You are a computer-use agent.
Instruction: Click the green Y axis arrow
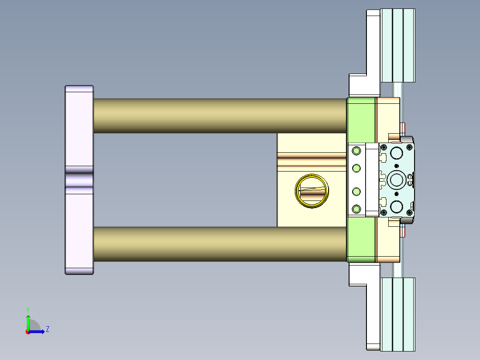(28, 322)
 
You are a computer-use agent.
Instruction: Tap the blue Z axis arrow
(38, 331)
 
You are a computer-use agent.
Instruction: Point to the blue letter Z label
(47, 329)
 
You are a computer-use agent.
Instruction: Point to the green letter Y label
(28, 309)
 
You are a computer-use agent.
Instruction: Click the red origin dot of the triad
(28, 332)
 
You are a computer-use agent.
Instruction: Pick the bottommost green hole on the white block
(356, 209)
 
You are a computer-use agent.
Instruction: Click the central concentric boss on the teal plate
(396, 180)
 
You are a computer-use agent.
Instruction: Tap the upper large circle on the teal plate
(396, 152)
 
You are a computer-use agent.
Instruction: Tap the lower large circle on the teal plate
(396, 207)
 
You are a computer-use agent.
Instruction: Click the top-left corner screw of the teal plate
(383, 147)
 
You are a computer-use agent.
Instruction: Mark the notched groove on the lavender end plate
(79, 180)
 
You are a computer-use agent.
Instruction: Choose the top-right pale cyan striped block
(398, 45)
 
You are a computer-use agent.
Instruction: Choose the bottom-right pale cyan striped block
(398, 314)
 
